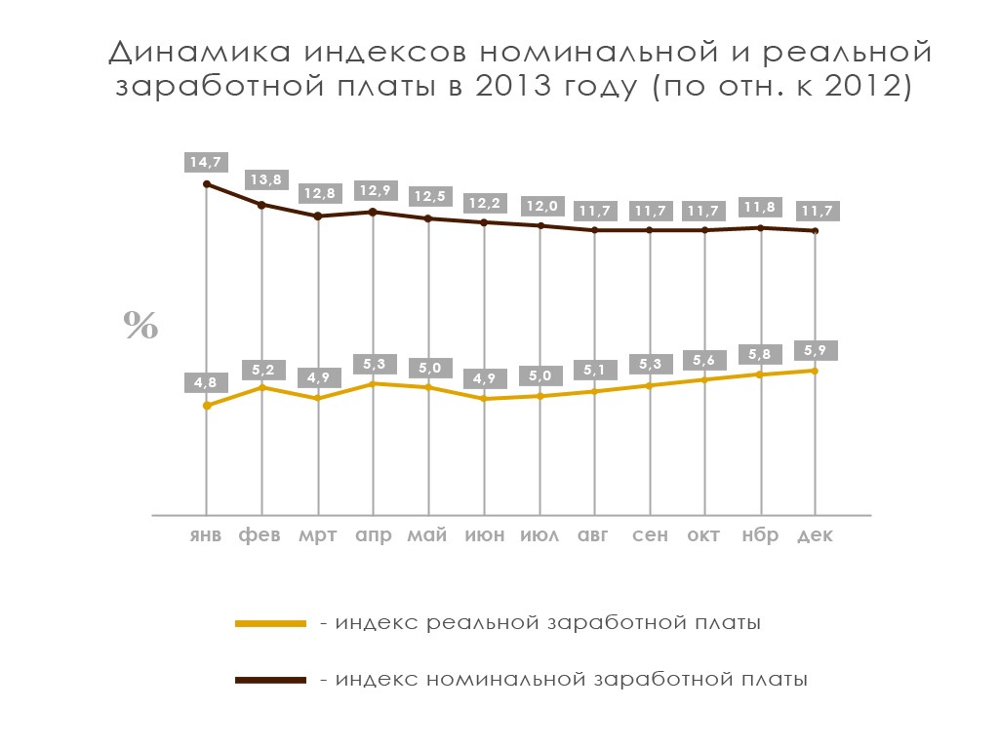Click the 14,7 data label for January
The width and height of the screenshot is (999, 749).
point(206,163)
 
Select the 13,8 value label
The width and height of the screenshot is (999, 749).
point(261,180)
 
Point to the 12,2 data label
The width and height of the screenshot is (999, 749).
point(484,203)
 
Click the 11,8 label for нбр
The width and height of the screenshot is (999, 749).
point(761,207)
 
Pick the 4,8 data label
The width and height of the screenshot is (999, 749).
point(206,382)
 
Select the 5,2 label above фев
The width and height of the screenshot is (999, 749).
point(261,370)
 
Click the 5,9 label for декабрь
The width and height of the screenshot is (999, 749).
point(816,350)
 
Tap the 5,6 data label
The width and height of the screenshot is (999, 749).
point(705,360)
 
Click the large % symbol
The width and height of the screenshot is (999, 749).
point(140,326)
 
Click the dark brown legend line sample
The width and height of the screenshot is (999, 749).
point(271,679)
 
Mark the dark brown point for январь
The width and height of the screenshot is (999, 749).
point(206,183)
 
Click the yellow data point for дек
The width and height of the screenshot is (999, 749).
point(816,371)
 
